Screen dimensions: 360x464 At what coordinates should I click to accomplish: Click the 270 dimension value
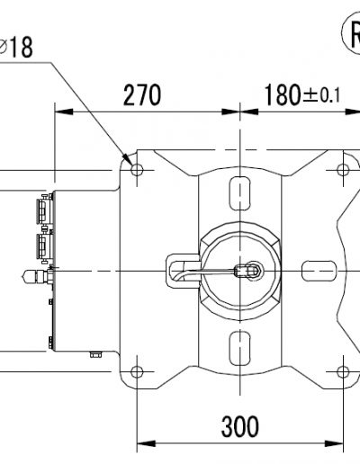(x=142, y=94)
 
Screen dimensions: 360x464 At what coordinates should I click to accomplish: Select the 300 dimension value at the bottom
(x=239, y=426)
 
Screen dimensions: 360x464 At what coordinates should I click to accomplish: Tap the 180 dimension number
(x=283, y=94)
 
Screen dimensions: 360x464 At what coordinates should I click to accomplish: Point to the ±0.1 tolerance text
(x=321, y=96)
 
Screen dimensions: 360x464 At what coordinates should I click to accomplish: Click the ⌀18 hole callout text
(x=15, y=47)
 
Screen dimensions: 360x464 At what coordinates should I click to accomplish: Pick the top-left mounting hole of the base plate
(x=137, y=170)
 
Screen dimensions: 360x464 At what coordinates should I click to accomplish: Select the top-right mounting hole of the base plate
(x=343, y=170)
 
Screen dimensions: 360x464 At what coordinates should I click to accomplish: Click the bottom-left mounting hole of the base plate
(x=137, y=372)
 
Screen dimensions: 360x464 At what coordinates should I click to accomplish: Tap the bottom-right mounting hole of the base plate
(x=343, y=372)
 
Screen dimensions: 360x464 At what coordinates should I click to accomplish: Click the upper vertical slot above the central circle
(x=239, y=193)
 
